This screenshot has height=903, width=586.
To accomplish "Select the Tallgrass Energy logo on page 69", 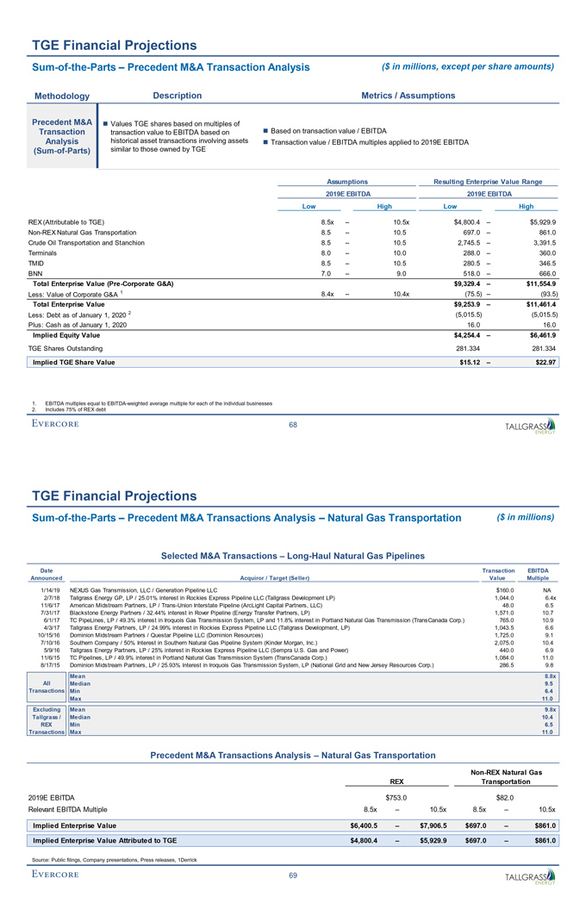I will [530, 875].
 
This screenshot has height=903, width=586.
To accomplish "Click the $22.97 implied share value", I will [545, 362].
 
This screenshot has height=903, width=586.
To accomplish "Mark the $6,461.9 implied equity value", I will [542, 334].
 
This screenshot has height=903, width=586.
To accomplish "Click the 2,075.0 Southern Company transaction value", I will [502, 644].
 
